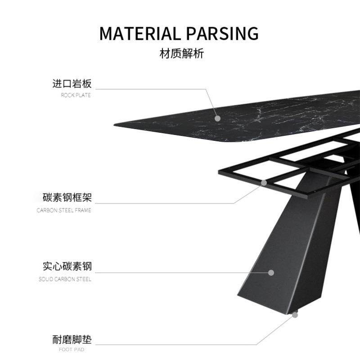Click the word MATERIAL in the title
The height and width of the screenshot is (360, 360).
(x=139, y=34)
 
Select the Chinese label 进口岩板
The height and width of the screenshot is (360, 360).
(x=72, y=84)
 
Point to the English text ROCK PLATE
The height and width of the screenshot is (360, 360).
(x=76, y=95)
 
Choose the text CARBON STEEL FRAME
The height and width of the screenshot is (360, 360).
(x=64, y=210)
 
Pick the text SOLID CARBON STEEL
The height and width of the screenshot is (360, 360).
(x=65, y=279)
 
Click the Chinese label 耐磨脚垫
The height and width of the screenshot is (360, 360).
(x=72, y=339)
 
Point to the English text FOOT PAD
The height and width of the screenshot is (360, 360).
(x=72, y=349)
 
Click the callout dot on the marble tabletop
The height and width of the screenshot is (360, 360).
(x=218, y=118)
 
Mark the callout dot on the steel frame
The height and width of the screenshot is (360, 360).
(x=265, y=183)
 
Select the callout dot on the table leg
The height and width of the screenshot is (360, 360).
(x=271, y=272)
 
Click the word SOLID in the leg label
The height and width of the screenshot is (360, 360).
(x=46, y=279)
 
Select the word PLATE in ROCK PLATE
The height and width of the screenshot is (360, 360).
(x=83, y=95)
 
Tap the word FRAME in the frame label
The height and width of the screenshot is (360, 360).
(x=84, y=210)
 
